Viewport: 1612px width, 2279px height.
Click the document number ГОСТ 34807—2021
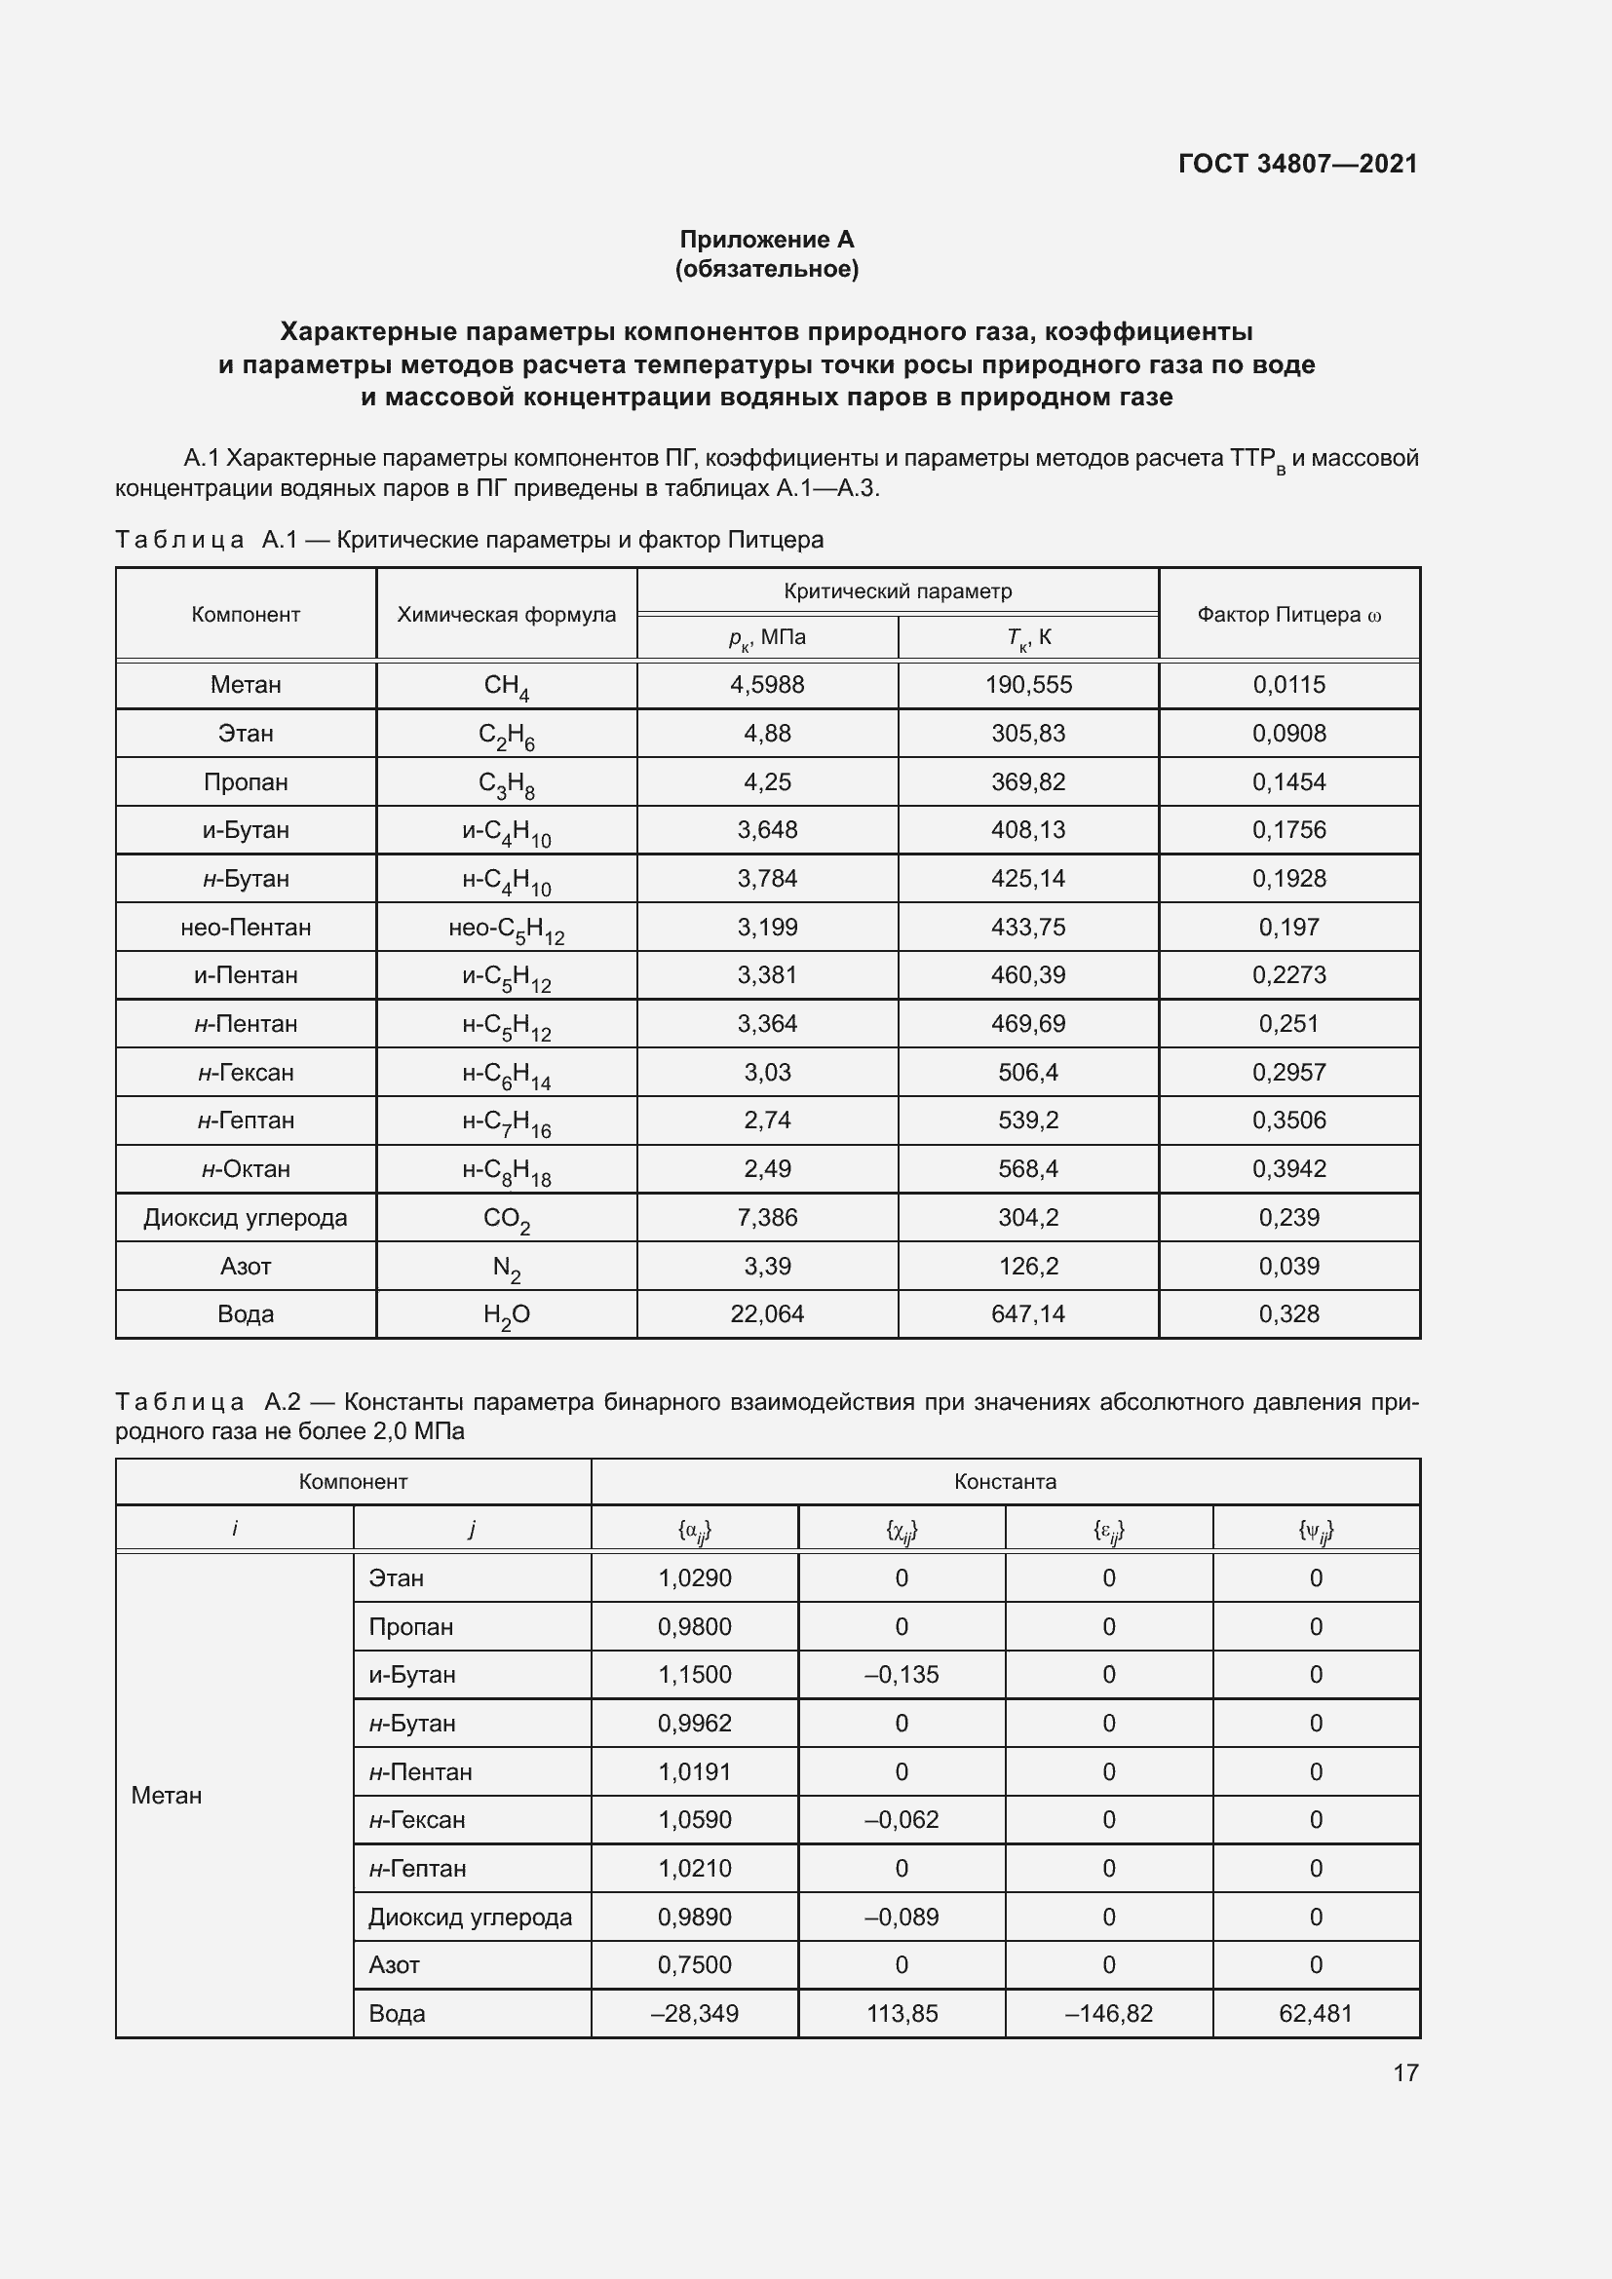coord(1297,164)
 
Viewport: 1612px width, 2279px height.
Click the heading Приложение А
coord(766,240)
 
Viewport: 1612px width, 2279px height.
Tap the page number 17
coord(1404,2071)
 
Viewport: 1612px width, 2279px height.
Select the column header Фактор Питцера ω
coord(1288,615)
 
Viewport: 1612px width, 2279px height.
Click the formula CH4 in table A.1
coord(506,686)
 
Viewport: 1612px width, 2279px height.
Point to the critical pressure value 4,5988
coord(766,685)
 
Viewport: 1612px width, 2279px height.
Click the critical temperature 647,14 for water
coord(1027,1314)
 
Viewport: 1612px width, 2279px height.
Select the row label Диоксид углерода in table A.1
coord(246,1218)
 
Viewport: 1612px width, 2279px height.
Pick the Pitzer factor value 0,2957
coord(1288,1072)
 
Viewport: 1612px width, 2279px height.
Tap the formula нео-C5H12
coord(506,930)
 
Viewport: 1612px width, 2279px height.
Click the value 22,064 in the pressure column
coord(766,1314)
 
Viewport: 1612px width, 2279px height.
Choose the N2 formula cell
coord(506,1268)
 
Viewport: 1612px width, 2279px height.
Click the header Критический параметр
coord(898,591)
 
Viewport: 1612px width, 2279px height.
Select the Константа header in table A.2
coord(1005,1482)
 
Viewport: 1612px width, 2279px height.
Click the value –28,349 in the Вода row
coord(694,2013)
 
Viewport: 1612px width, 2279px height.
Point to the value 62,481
coord(1315,2013)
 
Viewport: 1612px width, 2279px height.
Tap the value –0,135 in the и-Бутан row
coord(902,1675)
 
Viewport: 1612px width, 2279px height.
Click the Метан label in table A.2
coord(167,1796)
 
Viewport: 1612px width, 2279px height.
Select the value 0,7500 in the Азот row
coord(694,1964)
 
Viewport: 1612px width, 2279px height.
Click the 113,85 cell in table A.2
coord(902,2013)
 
